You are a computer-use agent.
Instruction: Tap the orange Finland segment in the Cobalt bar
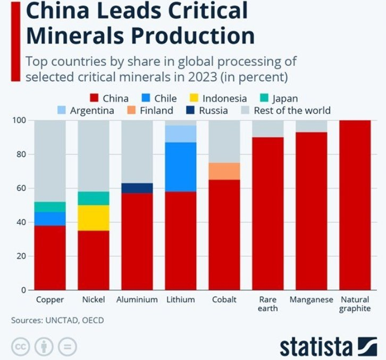point(225,171)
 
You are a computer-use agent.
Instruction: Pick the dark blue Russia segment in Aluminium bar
point(137,188)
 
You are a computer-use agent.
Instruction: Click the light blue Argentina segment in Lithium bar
point(181,134)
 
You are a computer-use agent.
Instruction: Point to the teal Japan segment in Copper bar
point(50,207)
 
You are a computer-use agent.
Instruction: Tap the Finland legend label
point(157,111)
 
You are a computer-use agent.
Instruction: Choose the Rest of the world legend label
point(292,111)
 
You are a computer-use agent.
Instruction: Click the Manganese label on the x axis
point(311,300)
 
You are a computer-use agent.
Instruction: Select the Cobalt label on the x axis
point(224,300)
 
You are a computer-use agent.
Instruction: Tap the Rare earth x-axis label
point(267,304)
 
